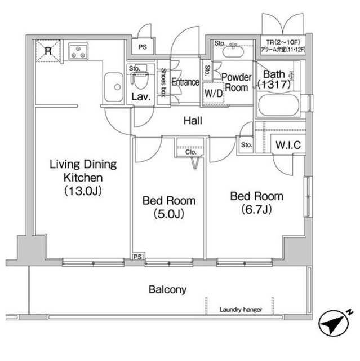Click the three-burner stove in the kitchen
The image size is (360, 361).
(x=78, y=51)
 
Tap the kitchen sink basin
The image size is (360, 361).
(x=114, y=87)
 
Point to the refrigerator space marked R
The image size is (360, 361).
(x=48, y=51)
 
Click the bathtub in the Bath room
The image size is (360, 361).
(x=279, y=106)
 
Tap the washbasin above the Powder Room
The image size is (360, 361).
(x=233, y=51)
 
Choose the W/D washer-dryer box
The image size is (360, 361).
(x=214, y=93)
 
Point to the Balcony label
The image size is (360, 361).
(x=167, y=289)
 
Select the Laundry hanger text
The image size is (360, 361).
(x=241, y=310)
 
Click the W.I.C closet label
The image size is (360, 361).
(x=288, y=145)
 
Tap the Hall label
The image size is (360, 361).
(x=193, y=121)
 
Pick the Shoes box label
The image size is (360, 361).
(x=163, y=82)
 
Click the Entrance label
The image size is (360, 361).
(x=185, y=82)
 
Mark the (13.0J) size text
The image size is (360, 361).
(x=83, y=191)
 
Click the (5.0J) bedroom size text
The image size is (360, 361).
(x=169, y=214)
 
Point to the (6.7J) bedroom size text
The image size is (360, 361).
(x=257, y=209)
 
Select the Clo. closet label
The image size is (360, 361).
(x=191, y=152)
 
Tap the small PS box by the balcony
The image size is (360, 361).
(x=137, y=257)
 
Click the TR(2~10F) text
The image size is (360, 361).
(x=283, y=42)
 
